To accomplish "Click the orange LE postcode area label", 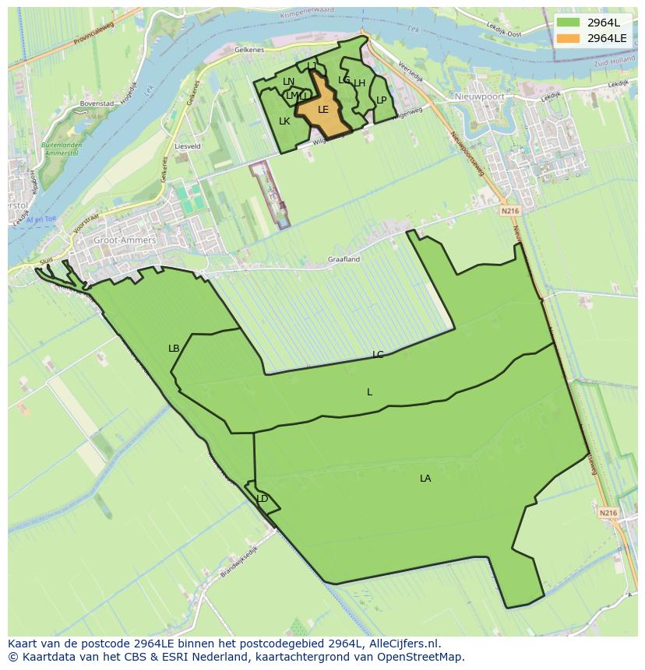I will [x=323, y=110].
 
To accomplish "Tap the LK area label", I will [x=284, y=121].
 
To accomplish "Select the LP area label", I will [x=382, y=100].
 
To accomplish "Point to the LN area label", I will [x=288, y=82].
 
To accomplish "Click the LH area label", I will [x=359, y=83].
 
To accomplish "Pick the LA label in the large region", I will [x=425, y=479].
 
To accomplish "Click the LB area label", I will [x=174, y=349].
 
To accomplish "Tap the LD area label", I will [x=263, y=499].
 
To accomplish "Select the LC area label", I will [x=378, y=355].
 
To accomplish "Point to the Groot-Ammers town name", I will [x=125, y=240].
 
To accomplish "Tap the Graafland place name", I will [x=344, y=259].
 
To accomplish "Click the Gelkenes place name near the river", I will [x=250, y=49].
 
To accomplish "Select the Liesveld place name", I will [x=188, y=146].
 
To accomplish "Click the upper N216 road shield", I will [x=509, y=210].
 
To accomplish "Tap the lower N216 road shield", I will [x=608, y=513].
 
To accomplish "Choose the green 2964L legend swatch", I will [x=569, y=23].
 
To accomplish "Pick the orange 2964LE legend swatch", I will [x=569, y=37].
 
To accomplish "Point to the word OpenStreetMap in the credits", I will [x=421, y=657].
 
